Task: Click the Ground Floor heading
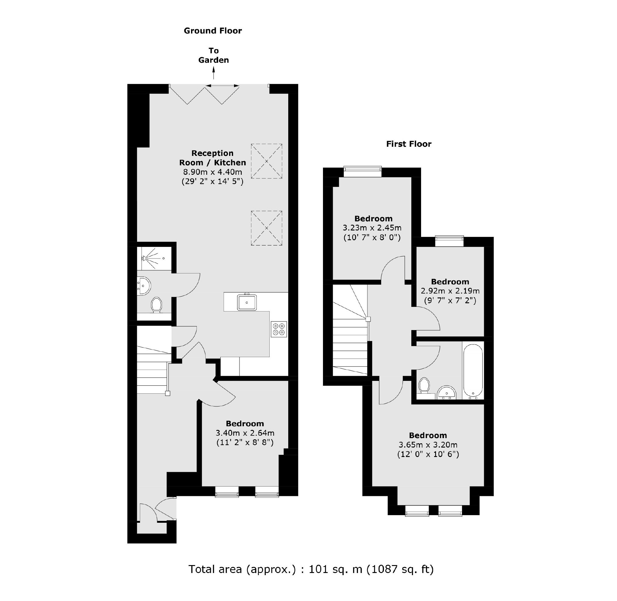213,31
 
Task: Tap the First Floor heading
409,144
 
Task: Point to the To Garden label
214,55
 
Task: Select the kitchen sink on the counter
247,302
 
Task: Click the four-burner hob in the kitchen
279,329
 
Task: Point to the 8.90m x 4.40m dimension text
212,172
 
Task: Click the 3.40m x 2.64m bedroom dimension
245,433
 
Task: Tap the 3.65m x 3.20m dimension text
428,445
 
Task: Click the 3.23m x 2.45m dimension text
372,228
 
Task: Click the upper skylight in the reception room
266,161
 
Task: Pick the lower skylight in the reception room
266,228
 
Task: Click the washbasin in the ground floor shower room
144,286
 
